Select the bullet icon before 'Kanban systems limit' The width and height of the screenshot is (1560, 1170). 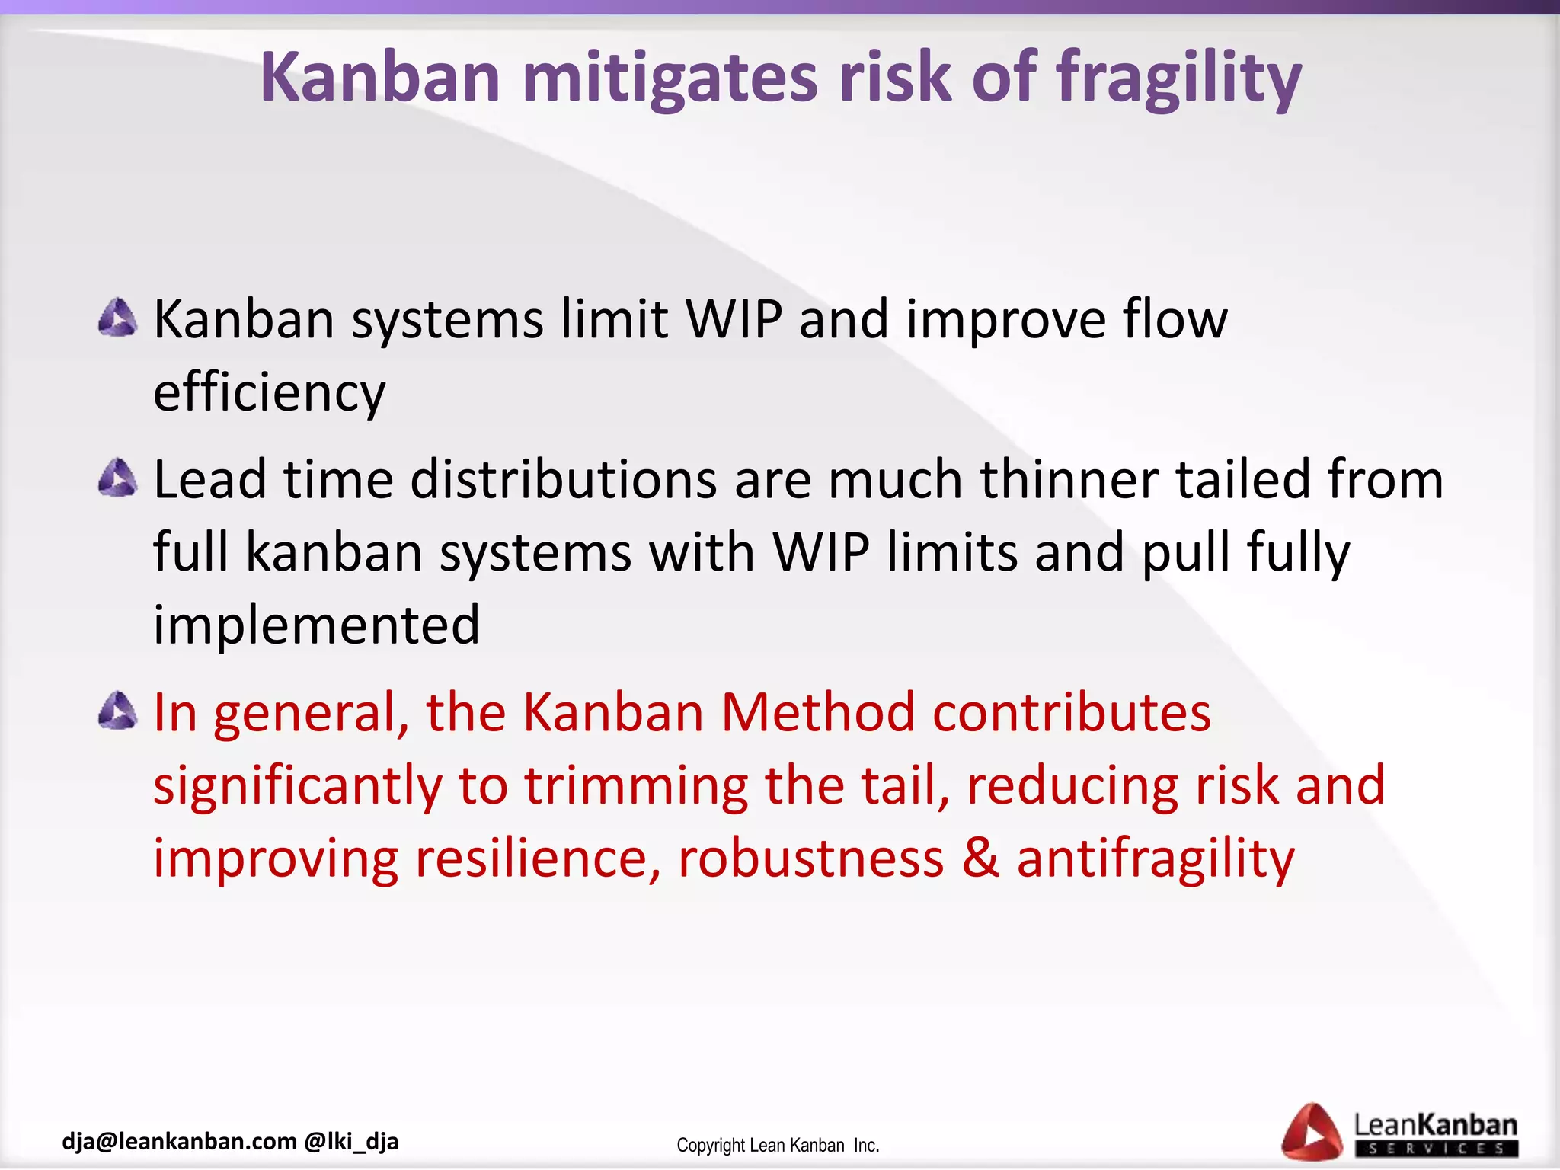click(x=118, y=318)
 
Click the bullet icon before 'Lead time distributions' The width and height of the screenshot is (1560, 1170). click(x=118, y=478)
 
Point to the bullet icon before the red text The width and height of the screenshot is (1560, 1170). click(x=118, y=711)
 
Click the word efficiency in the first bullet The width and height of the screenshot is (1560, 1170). click(x=270, y=393)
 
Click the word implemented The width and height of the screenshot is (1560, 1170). click(x=317, y=625)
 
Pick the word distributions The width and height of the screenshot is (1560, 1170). click(x=564, y=480)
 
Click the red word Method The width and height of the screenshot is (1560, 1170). click(x=817, y=713)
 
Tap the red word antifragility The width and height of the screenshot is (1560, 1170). click(x=1156, y=858)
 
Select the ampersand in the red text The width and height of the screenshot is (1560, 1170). click(x=980, y=858)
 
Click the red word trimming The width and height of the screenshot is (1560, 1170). click(x=636, y=786)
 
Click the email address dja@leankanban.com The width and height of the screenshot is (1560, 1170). click(x=179, y=1141)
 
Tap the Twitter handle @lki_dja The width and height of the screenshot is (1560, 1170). click(x=351, y=1141)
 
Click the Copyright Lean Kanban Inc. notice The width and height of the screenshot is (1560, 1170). click(x=778, y=1146)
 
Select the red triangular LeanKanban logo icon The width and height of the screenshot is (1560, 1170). click(x=1312, y=1133)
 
